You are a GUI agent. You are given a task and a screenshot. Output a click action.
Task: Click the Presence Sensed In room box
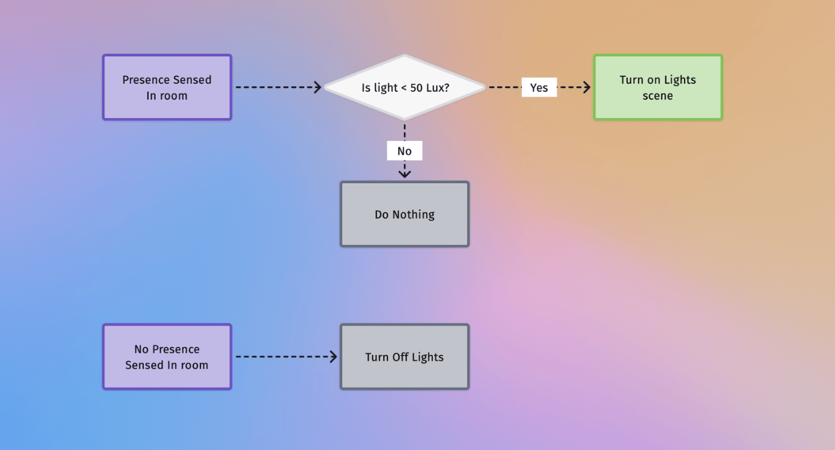(167, 87)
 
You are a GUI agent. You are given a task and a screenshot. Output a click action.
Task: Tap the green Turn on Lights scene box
(658, 87)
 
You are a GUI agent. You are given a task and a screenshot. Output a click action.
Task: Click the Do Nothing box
(405, 215)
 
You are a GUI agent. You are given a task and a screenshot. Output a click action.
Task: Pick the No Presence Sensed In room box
(167, 357)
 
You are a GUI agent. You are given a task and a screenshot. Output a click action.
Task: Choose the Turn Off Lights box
(405, 357)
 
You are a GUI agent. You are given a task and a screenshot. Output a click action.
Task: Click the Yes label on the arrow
(539, 87)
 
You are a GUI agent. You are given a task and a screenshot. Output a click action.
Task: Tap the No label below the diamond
(404, 151)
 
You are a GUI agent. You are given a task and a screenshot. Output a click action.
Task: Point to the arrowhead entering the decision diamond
(318, 87)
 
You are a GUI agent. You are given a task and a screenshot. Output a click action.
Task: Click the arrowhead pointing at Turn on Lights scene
(586, 87)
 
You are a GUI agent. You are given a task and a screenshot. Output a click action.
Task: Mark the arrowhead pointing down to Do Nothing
(405, 173)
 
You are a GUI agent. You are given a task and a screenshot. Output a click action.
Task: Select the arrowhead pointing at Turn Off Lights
(333, 357)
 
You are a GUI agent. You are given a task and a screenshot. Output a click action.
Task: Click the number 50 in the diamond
(416, 87)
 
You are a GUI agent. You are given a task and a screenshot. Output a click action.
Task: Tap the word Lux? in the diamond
(437, 87)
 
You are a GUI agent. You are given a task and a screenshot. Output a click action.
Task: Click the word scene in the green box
(658, 96)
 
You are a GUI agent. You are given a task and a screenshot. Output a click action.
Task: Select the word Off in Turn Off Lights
(400, 357)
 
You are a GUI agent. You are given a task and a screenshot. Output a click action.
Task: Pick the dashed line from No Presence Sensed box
(283, 357)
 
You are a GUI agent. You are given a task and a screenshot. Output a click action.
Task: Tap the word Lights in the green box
(680, 80)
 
